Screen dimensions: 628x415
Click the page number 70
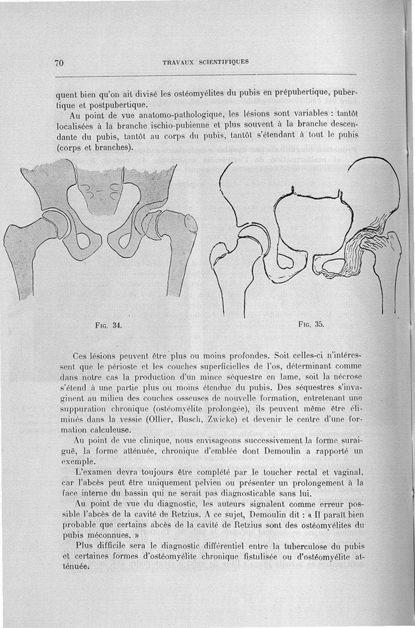[x=58, y=63]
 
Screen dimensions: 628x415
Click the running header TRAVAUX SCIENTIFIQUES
[x=205, y=62]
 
